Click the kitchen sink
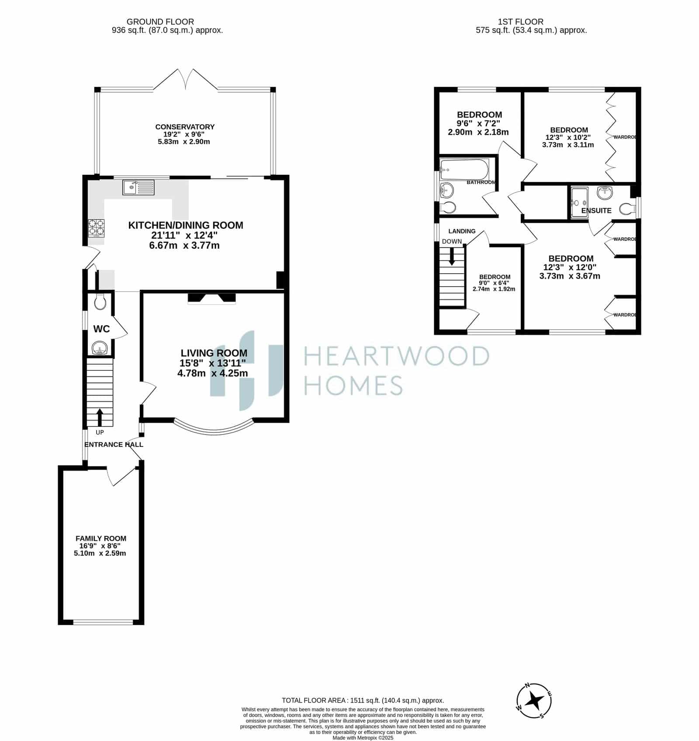pos(138,187)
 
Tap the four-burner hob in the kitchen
pos(96,228)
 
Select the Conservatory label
pos(185,127)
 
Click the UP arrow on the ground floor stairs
pos(100,417)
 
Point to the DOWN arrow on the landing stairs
pos(452,257)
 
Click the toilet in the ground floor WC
pos(100,302)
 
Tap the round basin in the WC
pos(100,348)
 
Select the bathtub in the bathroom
pos(464,169)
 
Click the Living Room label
pos(214,353)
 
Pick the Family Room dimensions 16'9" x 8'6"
pos(100,546)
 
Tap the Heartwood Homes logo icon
pos(247,370)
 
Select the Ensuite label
pos(596,211)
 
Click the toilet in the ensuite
pos(627,208)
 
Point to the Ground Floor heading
pos(160,21)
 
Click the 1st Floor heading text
pos(521,21)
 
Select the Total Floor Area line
pos(363,700)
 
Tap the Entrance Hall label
pos(114,445)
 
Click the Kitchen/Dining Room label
pos(186,225)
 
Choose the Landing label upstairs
pos(462,231)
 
